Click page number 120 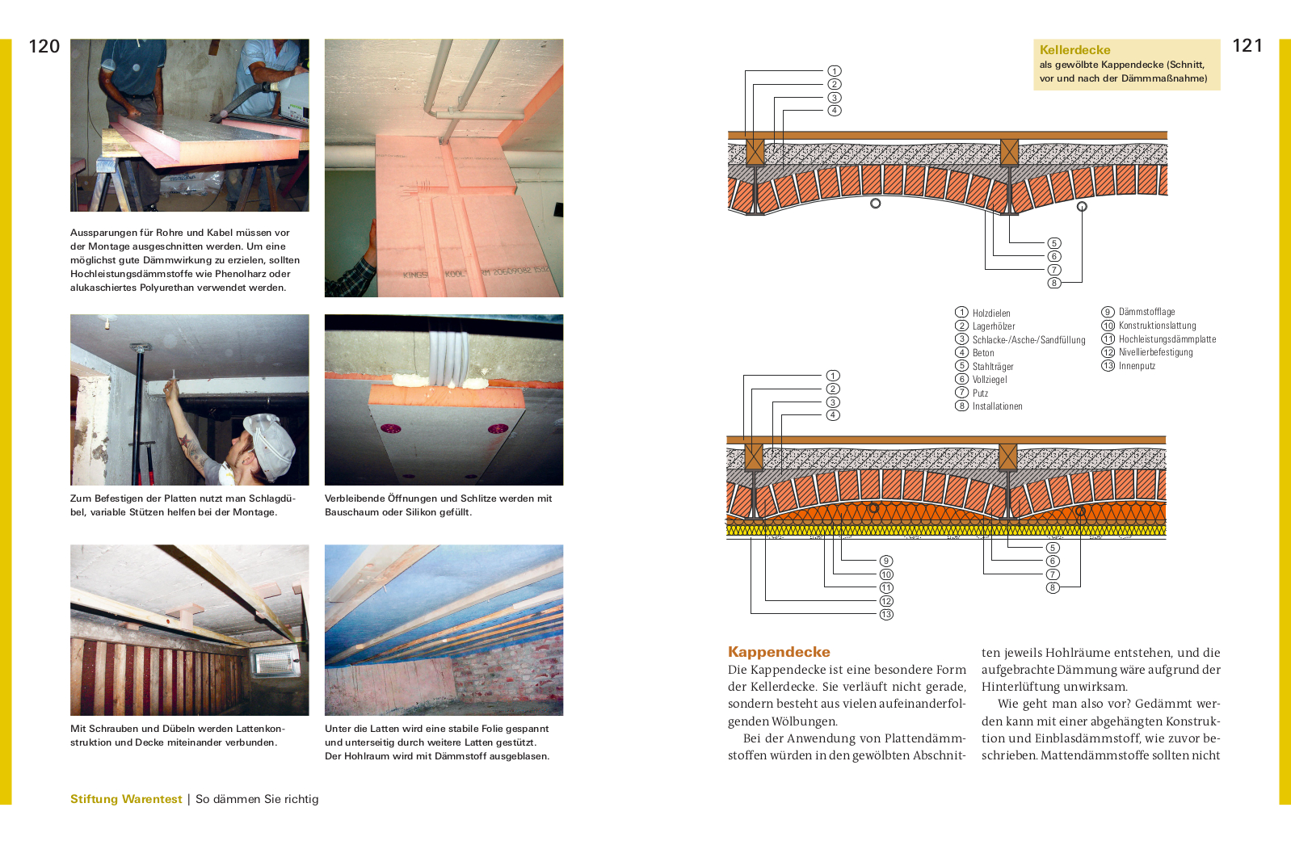click(x=44, y=47)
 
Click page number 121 click(x=1247, y=46)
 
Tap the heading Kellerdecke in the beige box click(x=1074, y=50)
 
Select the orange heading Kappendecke click(x=779, y=652)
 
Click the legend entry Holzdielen click(x=991, y=313)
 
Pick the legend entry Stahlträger click(x=993, y=367)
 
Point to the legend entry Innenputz click(x=1137, y=366)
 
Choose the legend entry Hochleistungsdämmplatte click(x=1167, y=339)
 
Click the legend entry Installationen click(x=997, y=406)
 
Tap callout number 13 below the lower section click(x=886, y=615)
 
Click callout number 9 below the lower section click(x=886, y=561)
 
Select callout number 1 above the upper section click(x=835, y=71)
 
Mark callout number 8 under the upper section click(x=1054, y=283)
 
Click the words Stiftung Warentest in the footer click(x=126, y=799)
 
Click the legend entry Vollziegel click(x=990, y=380)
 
